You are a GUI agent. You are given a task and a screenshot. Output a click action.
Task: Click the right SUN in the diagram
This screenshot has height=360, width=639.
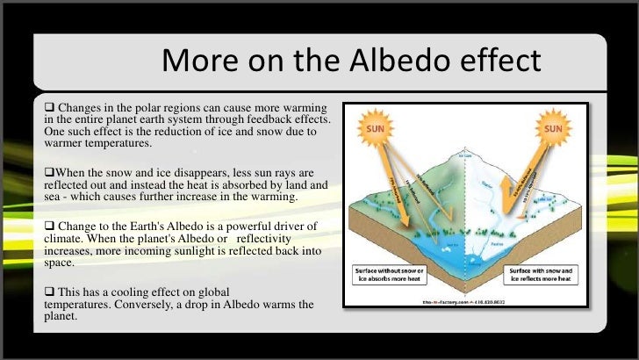(x=553, y=129)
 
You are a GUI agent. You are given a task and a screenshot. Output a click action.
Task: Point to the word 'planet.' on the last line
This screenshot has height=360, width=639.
(x=62, y=320)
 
